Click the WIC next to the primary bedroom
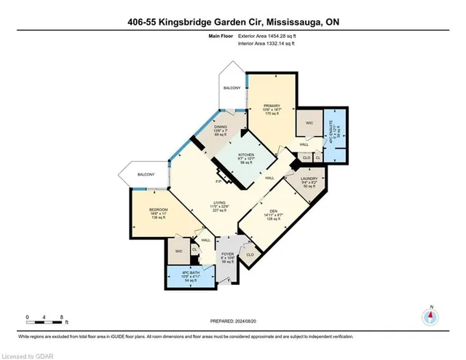tap(309, 122)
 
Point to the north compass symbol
tap(430, 316)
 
